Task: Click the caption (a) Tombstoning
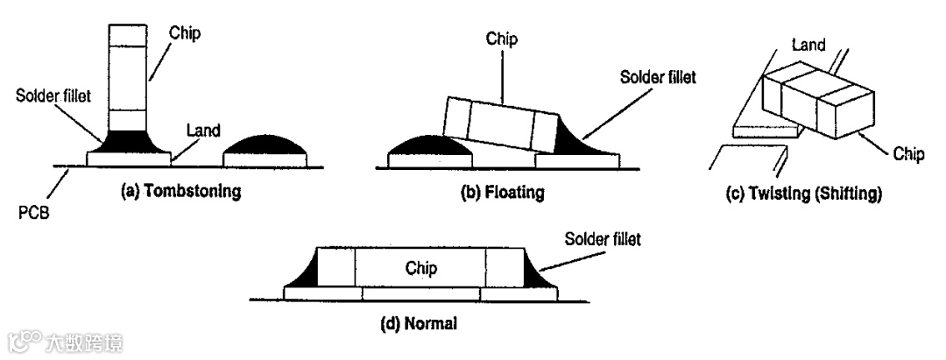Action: click(x=181, y=192)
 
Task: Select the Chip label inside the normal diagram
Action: click(x=420, y=267)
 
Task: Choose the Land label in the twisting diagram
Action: click(x=808, y=45)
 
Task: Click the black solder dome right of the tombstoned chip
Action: click(x=267, y=144)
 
